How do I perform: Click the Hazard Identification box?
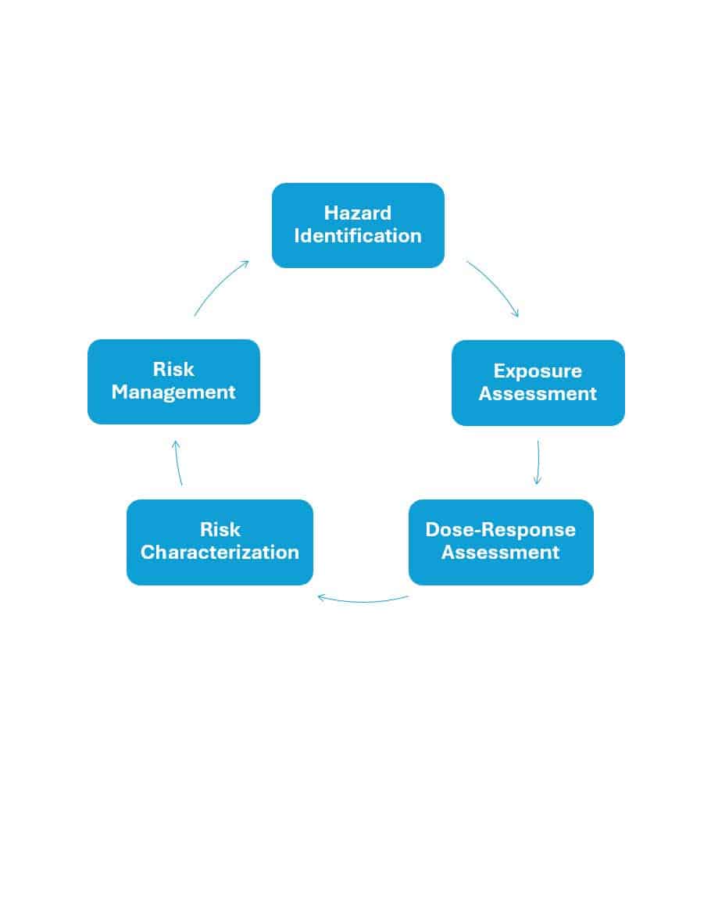point(358,225)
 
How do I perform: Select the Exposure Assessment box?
point(538,382)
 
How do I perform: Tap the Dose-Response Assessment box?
point(500,542)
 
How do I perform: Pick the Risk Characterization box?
point(220,542)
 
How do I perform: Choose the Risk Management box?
point(173,381)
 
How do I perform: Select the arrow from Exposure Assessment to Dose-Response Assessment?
point(538,462)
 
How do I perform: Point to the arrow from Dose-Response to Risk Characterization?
point(362,600)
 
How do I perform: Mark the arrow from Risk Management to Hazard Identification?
point(220,286)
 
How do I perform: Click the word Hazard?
point(358,213)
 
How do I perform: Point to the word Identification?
point(358,236)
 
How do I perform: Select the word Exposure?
point(538,371)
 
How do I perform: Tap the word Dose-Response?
point(500,530)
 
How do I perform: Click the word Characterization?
point(220,553)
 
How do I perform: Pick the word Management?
point(173,392)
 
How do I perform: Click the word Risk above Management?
point(173,370)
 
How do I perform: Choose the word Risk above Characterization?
point(220,530)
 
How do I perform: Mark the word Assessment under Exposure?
point(538,394)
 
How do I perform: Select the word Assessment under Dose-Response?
point(500,553)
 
